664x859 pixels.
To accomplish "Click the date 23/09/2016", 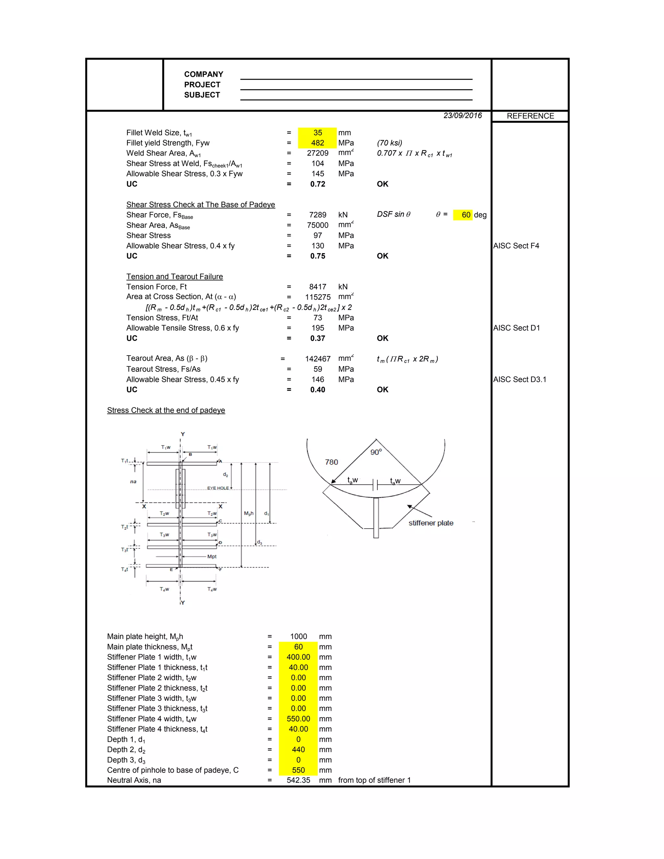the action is click(462, 116).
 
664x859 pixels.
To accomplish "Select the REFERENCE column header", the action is click(530, 116).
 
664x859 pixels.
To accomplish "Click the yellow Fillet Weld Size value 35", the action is click(317, 133).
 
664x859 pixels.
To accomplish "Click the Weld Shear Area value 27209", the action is click(317, 153).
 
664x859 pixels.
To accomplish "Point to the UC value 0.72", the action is click(317, 184).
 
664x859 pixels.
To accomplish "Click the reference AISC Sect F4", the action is click(516, 246).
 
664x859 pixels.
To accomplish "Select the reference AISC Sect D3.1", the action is click(520, 380).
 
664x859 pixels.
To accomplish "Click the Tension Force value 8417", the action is click(317, 287).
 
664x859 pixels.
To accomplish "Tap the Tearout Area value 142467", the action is click(317, 359).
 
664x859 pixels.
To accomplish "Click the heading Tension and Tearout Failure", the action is click(175, 277).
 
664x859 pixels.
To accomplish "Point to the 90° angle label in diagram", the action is click(376, 452).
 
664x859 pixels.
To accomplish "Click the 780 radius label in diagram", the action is click(331, 462).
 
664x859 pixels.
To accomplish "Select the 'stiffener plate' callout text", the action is click(431, 523).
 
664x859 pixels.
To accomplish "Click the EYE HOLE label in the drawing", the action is click(218, 488).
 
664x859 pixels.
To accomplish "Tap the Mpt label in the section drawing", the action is click(212, 557).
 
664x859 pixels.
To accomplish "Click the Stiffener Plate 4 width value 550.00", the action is click(298, 719).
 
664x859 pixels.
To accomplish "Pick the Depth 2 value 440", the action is click(298, 750).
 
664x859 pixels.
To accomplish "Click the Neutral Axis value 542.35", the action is click(298, 780).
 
